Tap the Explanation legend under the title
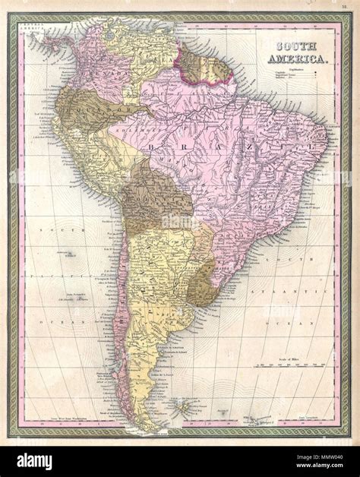(x=291, y=72)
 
